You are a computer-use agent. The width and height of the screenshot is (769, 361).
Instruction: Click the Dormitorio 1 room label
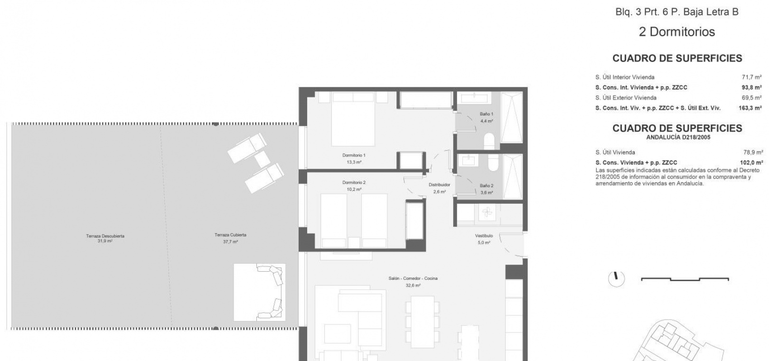(x=354, y=155)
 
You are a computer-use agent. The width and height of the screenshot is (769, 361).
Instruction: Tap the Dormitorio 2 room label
(x=354, y=182)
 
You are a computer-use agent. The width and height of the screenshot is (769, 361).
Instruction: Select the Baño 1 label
(x=487, y=114)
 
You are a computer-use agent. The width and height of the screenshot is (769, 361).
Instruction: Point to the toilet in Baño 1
(x=489, y=141)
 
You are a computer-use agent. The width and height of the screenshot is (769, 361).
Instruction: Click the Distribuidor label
(x=439, y=185)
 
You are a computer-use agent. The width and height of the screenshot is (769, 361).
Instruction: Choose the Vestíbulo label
(x=484, y=236)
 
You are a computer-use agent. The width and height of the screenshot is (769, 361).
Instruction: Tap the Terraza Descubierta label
(x=105, y=236)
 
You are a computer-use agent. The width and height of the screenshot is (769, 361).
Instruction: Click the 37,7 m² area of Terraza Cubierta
(x=230, y=242)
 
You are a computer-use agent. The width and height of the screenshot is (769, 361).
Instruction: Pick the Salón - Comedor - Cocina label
(x=413, y=278)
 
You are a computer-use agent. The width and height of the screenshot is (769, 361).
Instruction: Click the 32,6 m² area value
(x=413, y=285)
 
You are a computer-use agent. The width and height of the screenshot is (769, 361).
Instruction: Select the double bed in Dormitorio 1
(x=353, y=119)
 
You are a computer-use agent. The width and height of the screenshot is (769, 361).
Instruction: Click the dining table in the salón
(x=422, y=322)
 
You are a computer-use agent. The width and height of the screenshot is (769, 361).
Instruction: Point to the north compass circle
(x=616, y=279)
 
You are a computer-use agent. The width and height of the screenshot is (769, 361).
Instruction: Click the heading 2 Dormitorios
(x=676, y=32)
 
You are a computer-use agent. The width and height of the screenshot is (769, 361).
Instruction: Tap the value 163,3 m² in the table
(x=750, y=108)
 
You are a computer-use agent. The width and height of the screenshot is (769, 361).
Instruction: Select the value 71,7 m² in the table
(x=751, y=77)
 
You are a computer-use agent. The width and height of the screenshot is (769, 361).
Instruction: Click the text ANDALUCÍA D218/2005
(x=678, y=137)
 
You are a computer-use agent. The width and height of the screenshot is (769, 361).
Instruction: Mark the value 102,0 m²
(x=751, y=162)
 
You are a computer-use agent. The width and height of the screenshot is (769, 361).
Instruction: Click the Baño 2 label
(x=487, y=186)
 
